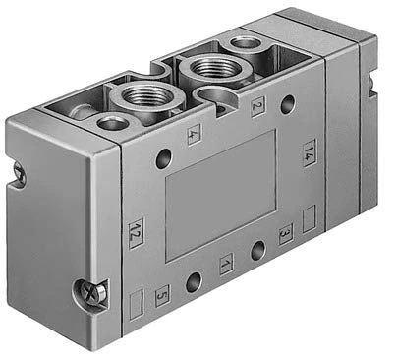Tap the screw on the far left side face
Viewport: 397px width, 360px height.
tap(19, 171)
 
